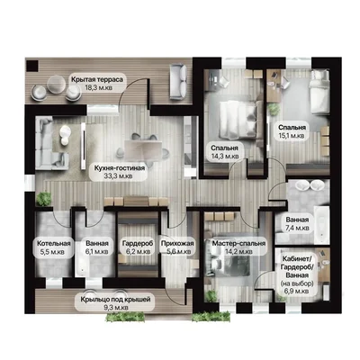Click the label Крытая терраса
97,79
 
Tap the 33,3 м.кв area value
119,176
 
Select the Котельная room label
54,243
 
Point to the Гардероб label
137,243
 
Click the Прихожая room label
177,243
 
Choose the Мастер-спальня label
238,243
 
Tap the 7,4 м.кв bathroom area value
297,228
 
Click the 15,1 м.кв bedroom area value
292,136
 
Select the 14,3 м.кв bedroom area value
224,157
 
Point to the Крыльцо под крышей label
115,300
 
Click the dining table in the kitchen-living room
143,148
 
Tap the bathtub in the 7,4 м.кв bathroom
321,225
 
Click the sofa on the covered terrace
178,82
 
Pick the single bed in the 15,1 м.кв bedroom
319,93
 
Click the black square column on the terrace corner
32,66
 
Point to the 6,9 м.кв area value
296,291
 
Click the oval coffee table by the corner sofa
65,135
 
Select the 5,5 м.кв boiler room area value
52,252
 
